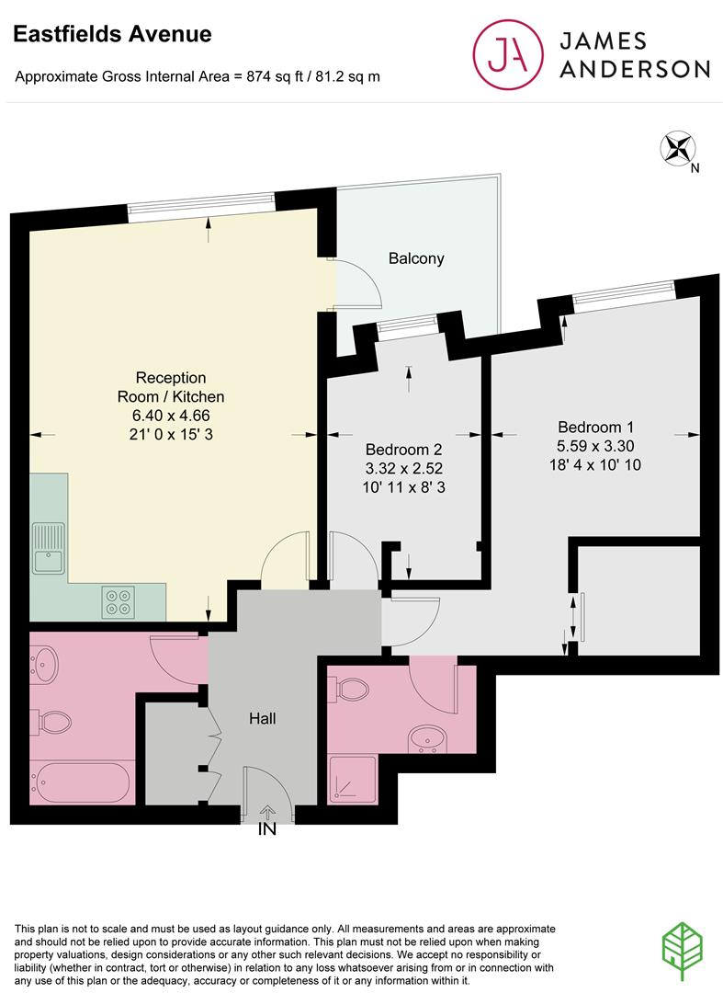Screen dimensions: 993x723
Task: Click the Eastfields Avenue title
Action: pos(112,35)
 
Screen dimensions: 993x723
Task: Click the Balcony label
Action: pos(415,258)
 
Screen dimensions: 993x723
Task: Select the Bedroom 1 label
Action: pos(595,427)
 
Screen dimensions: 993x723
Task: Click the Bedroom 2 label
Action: pos(404,450)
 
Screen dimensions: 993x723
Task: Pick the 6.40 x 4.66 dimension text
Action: pos(171,415)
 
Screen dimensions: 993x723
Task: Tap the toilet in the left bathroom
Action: pos(52,723)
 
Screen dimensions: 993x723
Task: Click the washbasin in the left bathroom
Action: pos(46,661)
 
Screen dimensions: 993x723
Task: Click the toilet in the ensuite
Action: pos(353,689)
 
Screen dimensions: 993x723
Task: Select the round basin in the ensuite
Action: pos(427,737)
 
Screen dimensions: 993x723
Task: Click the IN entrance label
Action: pos(267,830)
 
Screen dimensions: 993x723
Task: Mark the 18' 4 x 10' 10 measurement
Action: pos(595,465)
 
